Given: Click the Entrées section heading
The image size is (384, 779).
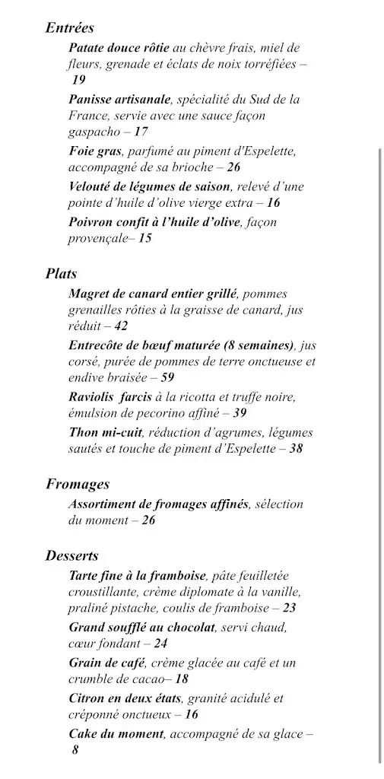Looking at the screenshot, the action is [70, 28].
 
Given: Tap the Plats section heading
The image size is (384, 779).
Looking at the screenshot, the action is [61, 274].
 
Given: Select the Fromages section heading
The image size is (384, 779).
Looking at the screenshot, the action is [78, 484].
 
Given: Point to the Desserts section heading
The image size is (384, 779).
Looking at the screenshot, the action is [71, 555].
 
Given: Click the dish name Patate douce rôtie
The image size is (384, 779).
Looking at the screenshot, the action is [119, 47].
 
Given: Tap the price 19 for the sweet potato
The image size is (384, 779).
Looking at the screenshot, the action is [79, 80].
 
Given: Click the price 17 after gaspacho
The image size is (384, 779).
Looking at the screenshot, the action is [141, 132].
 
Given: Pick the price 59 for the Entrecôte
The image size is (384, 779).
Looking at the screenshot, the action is [167, 377].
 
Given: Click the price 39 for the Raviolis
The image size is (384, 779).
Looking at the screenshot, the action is [240, 413].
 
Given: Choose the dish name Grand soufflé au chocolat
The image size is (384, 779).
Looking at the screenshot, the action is [142, 628].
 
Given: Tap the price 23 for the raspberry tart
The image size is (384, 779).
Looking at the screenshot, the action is [289, 608].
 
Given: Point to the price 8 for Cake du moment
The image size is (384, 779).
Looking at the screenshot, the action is [75, 749].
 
